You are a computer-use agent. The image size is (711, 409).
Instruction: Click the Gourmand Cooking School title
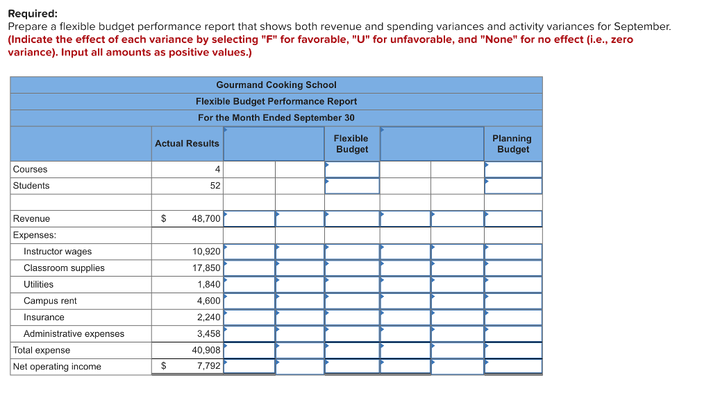(276, 85)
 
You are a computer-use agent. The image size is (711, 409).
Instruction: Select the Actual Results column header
(187, 143)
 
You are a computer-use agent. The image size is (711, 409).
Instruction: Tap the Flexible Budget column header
(351, 143)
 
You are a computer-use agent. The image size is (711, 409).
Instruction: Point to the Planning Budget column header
(512, 143)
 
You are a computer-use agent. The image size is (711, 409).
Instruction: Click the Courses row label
(31, 169)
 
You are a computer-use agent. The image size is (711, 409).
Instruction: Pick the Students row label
(31, 186)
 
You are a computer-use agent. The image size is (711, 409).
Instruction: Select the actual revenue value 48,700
(206, 218)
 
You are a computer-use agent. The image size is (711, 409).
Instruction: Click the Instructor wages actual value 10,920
(206, 252)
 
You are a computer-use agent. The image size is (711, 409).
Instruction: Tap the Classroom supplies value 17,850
(206, 268)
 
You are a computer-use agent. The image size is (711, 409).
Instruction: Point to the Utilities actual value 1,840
(208, 284)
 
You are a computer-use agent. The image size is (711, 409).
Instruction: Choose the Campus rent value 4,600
(208, 301)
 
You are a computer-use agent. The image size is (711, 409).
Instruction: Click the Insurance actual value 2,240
(208, 317)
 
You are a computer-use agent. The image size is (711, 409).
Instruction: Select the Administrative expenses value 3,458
(208, 334)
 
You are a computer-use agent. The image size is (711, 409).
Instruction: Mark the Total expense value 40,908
(206, 350)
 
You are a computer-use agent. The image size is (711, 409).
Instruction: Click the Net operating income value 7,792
(208, 367)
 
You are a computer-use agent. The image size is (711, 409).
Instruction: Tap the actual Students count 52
(215, 186)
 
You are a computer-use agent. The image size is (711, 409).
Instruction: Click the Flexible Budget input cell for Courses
(352, 169)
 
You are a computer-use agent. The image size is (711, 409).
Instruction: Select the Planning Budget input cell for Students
(512, 186)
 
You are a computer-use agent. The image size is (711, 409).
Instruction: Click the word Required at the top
(33, 13)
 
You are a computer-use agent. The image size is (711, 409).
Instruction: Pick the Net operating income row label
(57, 367)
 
